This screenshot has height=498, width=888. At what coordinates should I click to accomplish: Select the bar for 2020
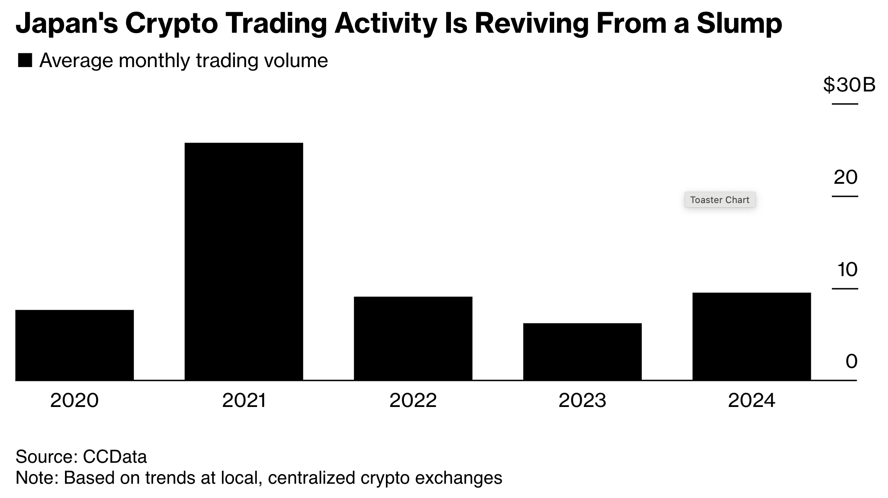pyautogui.click(x=74, y=345)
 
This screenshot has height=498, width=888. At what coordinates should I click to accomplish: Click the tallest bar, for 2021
pyautogui.click(x=244, y=261)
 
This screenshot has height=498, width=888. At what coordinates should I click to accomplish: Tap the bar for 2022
pyautogui.click(x=413, y=338)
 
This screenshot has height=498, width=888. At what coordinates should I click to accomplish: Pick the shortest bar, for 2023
pyautogui.click(x=582, y=352)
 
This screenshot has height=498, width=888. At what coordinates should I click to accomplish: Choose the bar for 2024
pyautogui.click(x=751, y=336)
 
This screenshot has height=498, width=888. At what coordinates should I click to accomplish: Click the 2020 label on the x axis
pyautogui.click(x=74, y=401)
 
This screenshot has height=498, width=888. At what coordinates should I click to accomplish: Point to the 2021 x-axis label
pyautogui.click(x=244, y=401)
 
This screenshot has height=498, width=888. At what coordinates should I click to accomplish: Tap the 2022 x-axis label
pyautogui.click(x=413, y=401)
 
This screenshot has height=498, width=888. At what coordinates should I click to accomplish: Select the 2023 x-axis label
pyautogui.click(x=582, y=401)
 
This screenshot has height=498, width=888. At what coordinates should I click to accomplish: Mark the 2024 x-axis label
pyautogui.click(x=751, y=401)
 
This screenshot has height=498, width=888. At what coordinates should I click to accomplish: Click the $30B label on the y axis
pyautogui.click(x=849, y=85)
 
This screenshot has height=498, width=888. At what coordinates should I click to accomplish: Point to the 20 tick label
pyautogui.click(x=845, y=177)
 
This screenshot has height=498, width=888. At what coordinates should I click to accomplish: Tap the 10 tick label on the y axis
pyautogui.click(x=847, y=270)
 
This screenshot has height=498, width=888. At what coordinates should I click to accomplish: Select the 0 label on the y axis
pyautogui.click(x=851, y=362)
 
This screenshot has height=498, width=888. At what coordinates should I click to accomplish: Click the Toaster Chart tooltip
pyautogui.click(x=719, y=200)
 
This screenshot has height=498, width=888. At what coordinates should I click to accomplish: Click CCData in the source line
pyautogui.click(x=115, y=456)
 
